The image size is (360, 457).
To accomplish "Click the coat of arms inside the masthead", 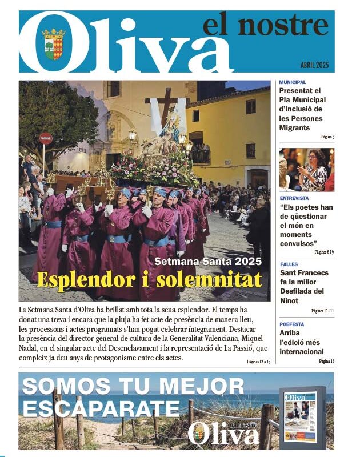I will (54, 45).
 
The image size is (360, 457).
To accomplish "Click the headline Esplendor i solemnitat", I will (149, 280).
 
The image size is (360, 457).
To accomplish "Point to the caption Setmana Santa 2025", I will (208, 262).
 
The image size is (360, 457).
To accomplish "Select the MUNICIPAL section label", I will (293, 82).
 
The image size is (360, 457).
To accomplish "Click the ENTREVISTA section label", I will (294, 198).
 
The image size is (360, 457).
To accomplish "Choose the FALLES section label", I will (289, 264).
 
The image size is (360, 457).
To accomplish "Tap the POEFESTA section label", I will (292, 324).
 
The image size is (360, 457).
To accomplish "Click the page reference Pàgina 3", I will (327, 137).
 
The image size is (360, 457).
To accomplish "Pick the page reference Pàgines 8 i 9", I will (324, 251).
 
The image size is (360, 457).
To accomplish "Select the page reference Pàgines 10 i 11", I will (323, 311).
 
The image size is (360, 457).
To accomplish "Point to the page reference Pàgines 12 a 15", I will (258, 362).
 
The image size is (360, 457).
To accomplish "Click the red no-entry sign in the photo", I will (46, 138).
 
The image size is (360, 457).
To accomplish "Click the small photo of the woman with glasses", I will (306, 170).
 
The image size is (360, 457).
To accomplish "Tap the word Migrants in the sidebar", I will (294, 128).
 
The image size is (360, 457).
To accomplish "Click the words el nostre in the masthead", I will (265, 26).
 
